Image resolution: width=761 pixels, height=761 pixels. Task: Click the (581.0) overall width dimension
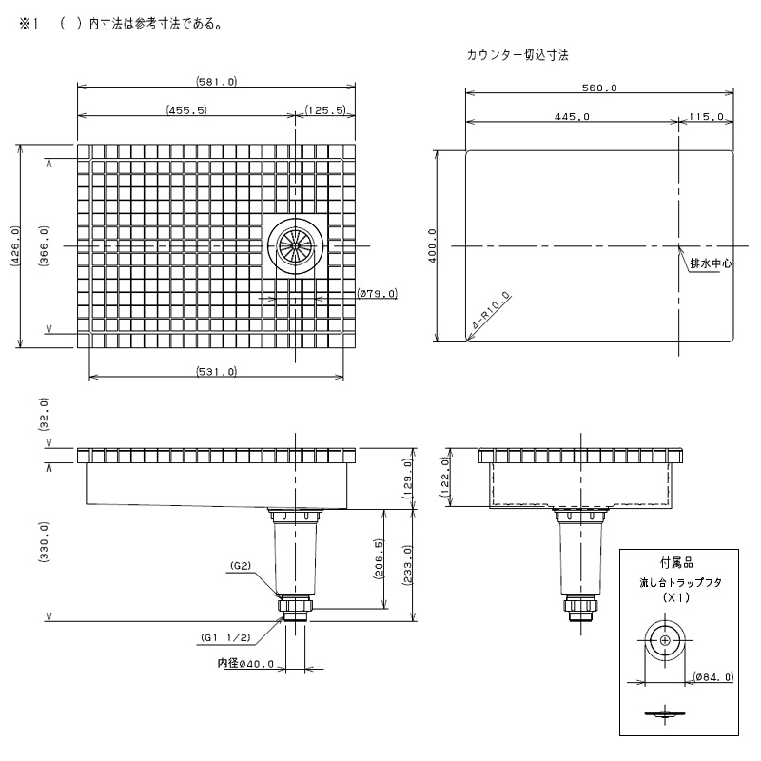(217, 81)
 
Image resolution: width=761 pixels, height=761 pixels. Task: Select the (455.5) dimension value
(186, 110)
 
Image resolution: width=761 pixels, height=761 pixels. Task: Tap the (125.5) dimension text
(326, 110)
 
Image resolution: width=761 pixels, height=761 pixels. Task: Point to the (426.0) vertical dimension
(14, 246)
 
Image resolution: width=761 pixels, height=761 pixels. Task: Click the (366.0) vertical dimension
(43, 246)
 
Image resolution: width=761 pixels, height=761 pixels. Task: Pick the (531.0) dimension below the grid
(217, 372)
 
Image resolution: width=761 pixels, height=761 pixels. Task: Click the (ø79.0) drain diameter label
(377, 293)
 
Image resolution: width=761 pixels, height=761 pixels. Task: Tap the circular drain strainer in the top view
(295, 246)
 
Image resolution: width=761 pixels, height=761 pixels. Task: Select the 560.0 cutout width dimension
(599, 88)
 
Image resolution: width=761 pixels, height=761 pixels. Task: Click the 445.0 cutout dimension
(572, 116)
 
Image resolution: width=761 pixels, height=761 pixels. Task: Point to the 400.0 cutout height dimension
(433, 246)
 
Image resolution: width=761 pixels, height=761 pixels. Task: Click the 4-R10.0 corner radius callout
(491, 311)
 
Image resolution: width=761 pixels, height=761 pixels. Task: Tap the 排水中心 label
(711, 263)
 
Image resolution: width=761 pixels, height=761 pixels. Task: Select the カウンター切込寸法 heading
(517, 55)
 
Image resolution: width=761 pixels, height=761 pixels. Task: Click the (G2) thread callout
(241, 565)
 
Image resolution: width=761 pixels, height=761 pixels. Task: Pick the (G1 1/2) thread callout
(225, 637)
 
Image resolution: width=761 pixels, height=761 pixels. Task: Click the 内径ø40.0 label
(245, 663)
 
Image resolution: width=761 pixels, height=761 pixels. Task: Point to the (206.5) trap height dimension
(379, 559)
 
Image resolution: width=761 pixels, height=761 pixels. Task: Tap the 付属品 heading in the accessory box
(676, 563)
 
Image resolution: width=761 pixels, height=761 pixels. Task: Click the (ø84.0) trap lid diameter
(712, 676)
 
